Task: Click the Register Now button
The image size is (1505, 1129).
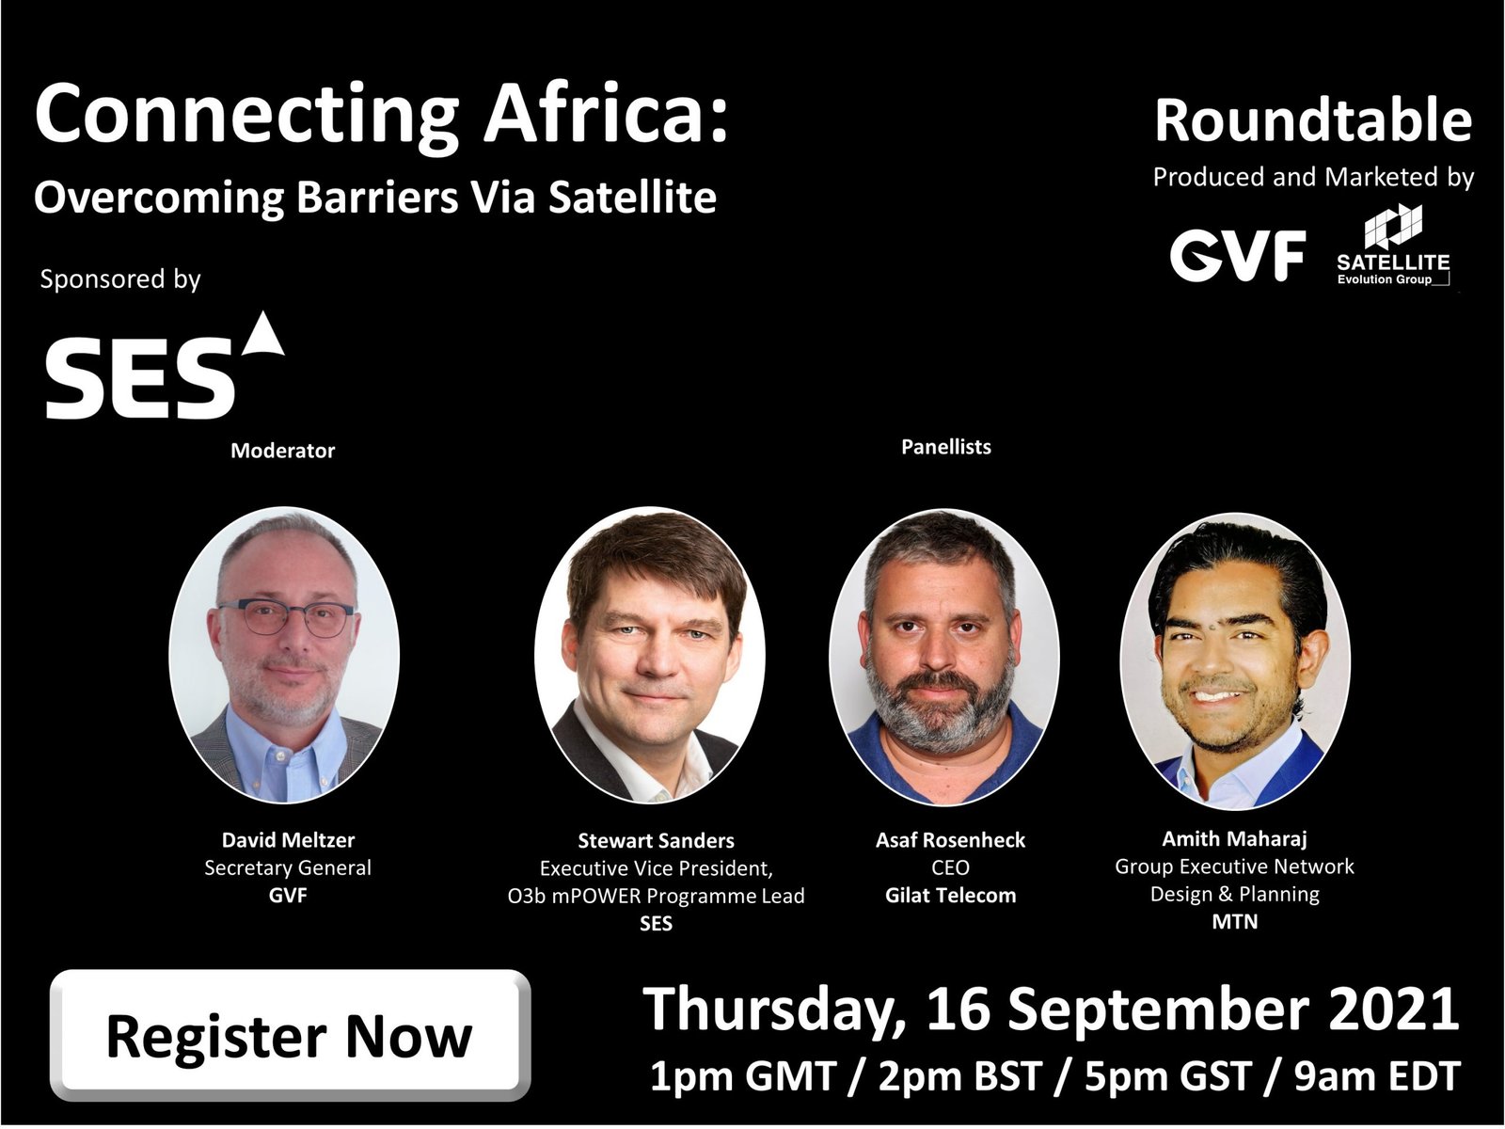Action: click(290, 1036)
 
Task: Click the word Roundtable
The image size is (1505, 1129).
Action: click(1313, 120)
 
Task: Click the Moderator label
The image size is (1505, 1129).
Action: click(282, 451)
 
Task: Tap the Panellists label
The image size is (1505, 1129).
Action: click(945, 447)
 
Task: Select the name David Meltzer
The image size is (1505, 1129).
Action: click(288, 840)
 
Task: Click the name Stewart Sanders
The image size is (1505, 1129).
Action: click(656, 840)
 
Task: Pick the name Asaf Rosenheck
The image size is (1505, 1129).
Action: click(950, 840)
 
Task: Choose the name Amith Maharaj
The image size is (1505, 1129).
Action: click(1234, 838)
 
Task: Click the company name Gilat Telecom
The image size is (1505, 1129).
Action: click(950, 896)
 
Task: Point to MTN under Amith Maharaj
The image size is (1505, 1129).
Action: click(1235, 921)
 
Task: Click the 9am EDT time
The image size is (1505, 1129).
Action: click(1377, 1077)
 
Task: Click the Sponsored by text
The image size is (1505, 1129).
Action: click(120, 279)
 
